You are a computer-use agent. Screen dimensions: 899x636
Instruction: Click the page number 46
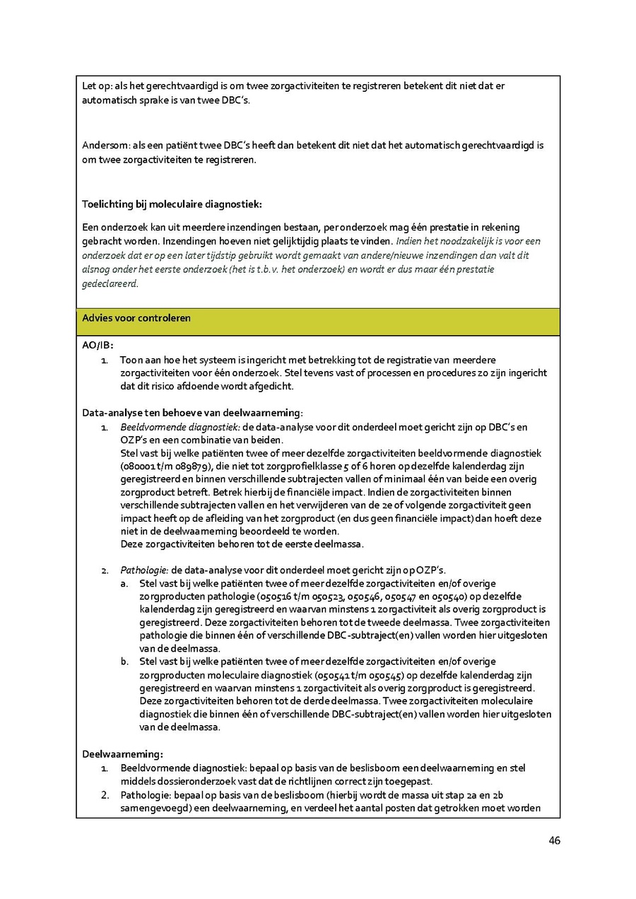click(554, 840)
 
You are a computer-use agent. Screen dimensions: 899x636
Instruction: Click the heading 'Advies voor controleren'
click(136, 318)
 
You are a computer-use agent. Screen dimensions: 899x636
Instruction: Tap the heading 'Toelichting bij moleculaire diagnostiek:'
click(172, 204)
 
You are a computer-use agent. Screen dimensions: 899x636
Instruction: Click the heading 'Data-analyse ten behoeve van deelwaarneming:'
click(192, 413)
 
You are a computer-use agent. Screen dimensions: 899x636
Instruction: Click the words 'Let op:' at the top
click(97, 86)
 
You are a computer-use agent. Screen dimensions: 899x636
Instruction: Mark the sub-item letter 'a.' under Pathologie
click(124, 583)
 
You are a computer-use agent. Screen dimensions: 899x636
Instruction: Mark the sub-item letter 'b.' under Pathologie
click(124, 662)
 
